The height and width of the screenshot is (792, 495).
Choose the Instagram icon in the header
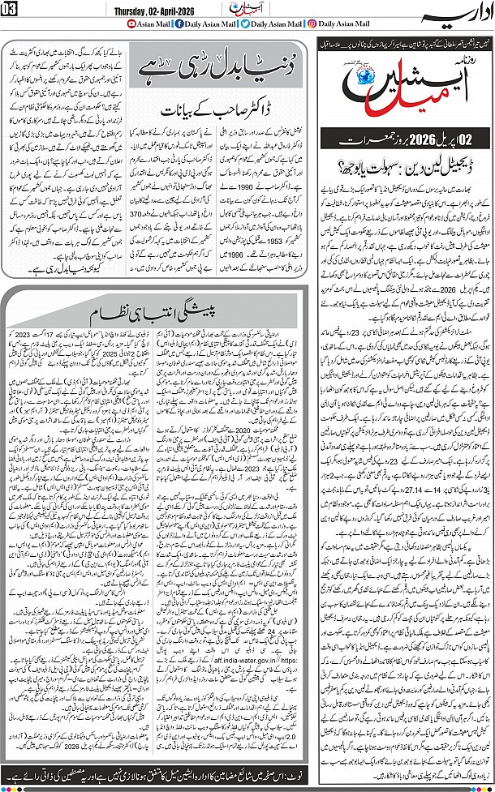(x=312, y=25)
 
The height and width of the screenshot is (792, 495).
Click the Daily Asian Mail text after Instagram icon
(x=349, y=25)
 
